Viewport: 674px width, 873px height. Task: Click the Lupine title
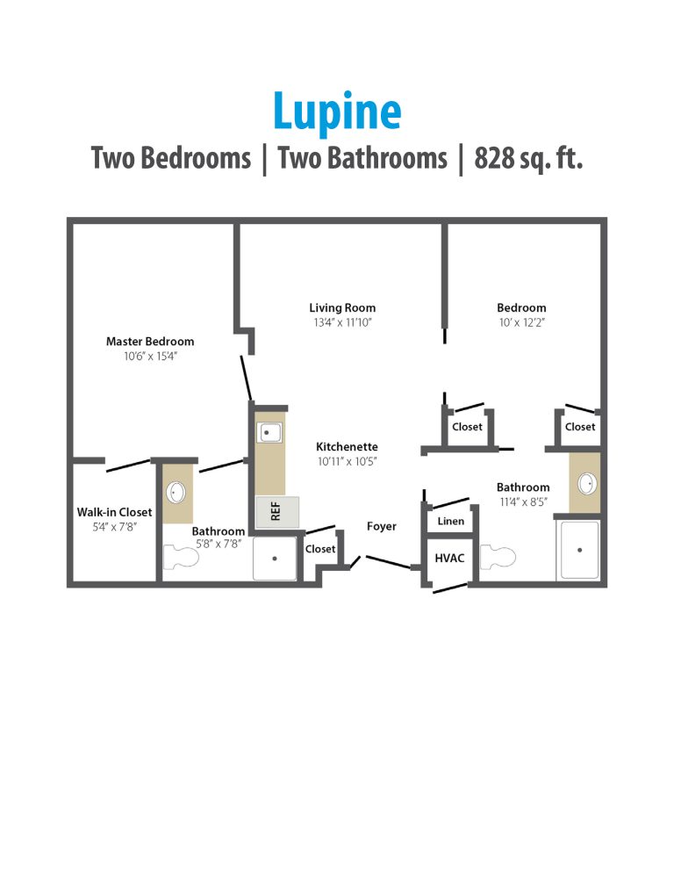point(337,112)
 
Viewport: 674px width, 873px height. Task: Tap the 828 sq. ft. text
point(528,158)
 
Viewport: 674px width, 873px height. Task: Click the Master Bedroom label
point(150,341)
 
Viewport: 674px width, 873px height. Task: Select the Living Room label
point(342,307)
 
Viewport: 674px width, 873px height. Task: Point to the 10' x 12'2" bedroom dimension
point(521,323)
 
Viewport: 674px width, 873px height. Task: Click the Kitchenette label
point(347,446)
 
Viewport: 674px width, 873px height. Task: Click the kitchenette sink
point(269,432)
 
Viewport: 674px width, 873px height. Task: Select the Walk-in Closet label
point(114,512)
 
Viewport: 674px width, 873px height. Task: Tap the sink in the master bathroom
point(176,492)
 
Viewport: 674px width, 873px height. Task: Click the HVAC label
point(449,557)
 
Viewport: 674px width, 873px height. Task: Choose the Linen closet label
point(450,521)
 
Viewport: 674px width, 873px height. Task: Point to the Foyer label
point(381,526)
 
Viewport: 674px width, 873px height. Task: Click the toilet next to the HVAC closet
point(497,557)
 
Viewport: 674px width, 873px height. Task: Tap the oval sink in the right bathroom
point(587,484)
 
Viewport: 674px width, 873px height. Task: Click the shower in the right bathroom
point(579,550)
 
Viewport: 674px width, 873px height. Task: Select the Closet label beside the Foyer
point(320,549)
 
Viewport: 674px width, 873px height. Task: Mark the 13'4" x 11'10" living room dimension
point(342,323)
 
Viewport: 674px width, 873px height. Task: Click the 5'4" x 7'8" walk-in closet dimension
point(114,527)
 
